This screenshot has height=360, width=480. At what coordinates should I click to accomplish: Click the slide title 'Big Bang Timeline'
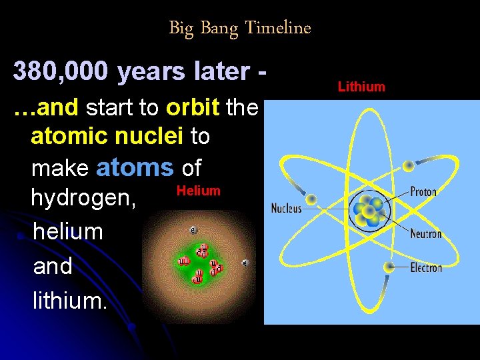pyautogui.click(x=239, y=28)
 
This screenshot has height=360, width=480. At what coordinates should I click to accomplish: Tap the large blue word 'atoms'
pyautogui.click(x=135, y=167)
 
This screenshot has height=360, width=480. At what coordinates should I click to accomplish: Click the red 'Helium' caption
pyautogui.click(x=198, y=191)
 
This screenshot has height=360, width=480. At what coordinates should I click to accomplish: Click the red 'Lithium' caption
pyautogui.click(x=361, y=87)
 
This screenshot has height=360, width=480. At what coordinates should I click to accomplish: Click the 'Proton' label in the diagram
pyautogui.click(x=423, y=192)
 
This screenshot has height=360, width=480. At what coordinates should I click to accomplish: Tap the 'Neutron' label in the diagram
pyautogui.click(x=425, y=233)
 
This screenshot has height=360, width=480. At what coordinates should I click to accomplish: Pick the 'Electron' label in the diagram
pyautogui.click(x=426, y=267)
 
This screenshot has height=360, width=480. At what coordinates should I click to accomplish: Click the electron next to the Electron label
pyautogui.click(x=389, y=267)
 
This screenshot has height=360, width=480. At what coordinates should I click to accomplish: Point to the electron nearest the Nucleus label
pyautogui.click(x=311, y=199)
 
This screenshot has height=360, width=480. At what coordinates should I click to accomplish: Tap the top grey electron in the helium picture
pyautogui.click(x=193, y=230)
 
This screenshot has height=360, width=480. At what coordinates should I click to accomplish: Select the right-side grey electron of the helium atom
pyautogui.click(x=245, y=263)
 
